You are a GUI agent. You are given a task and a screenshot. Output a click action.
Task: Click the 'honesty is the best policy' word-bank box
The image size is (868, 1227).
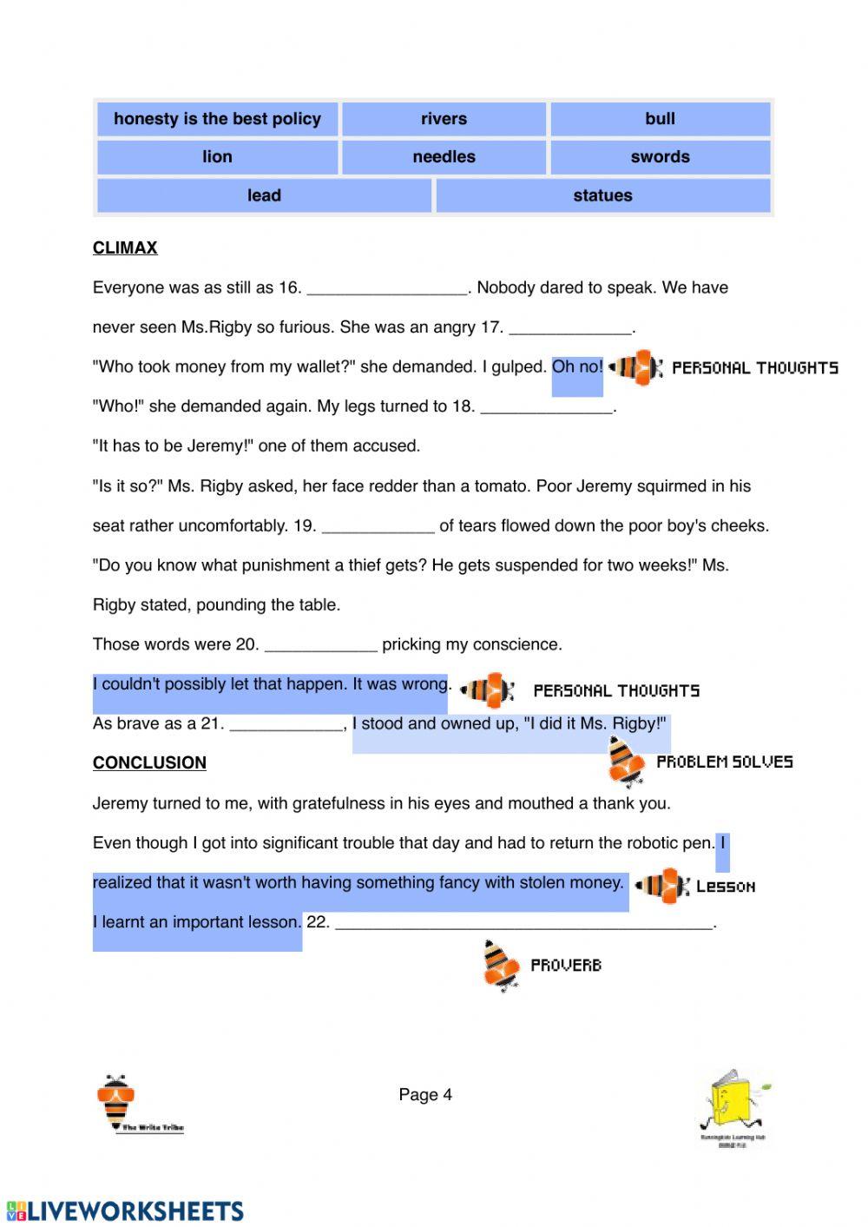(217, 119)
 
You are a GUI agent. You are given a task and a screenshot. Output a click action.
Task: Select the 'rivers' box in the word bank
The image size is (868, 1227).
(444, 119)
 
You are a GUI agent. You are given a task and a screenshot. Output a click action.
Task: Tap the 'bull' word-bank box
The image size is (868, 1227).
(660, 119)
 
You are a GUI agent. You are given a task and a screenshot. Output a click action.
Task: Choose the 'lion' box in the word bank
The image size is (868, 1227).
(217, 157)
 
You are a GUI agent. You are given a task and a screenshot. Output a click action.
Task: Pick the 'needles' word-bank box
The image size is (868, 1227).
(444, 157)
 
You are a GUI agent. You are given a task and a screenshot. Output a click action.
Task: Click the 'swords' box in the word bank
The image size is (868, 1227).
(660, 157)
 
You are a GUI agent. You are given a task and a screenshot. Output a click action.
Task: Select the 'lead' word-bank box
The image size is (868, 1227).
(264, 195)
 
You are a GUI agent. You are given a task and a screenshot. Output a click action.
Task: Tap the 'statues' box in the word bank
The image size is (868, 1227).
(602, 195)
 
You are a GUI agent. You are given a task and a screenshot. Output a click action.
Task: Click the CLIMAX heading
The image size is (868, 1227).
(125, 248)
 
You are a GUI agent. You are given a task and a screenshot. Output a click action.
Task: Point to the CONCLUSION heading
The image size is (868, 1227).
(149, 763)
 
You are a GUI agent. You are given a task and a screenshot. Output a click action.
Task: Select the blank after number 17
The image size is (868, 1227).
(570, 329)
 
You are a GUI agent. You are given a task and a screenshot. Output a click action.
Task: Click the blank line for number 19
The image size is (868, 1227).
(378, 527)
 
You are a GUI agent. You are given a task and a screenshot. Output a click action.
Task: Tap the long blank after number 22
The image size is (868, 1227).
(523, 924)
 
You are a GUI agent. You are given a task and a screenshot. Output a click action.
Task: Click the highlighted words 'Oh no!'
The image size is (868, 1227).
(577, 367)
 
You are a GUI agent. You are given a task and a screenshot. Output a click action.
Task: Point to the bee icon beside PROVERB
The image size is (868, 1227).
(500, 964)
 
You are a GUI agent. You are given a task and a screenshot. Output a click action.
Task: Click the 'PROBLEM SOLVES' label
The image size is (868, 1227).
(724, 762)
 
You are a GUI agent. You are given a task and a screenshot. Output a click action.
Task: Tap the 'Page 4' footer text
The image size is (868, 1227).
(425, 1095)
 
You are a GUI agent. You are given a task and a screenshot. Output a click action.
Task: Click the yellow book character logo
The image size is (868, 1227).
(733, 1105)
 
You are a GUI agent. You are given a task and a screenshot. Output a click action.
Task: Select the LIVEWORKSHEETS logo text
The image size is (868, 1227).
(126, 1211)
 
